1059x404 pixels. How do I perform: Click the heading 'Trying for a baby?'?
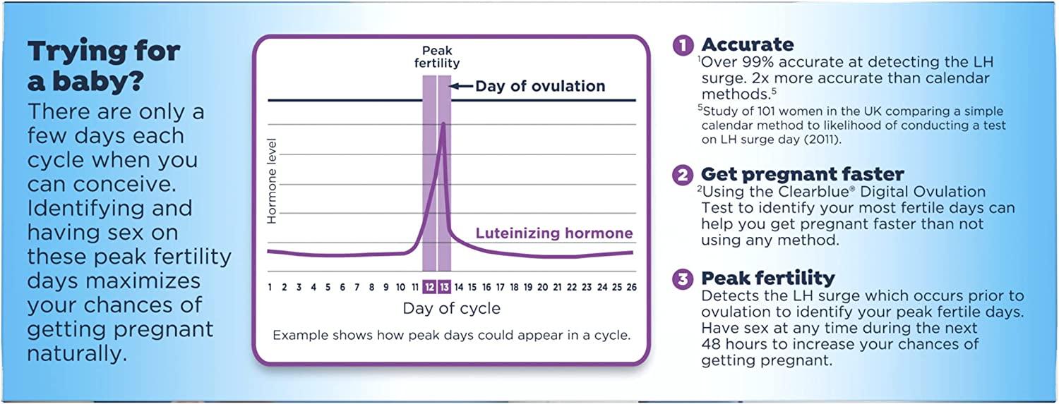click(103, 66)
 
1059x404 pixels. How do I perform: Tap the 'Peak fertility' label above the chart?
click(436, 56)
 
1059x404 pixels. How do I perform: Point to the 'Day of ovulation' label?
click(540, 86)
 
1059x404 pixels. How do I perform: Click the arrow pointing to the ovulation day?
click(462, 86)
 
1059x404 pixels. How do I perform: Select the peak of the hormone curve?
click(443, 124)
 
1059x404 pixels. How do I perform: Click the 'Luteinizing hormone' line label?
click(554, 233)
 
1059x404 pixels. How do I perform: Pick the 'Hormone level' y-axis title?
click(273, 181)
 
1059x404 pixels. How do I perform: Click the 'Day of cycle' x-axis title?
click(451, 308)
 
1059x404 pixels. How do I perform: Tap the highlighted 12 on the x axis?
click(429, 287)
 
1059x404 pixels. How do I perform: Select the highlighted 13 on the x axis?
click(444, 287)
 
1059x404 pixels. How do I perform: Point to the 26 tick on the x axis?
click(630, 287)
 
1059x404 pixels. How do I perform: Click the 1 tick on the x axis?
click(270, 287)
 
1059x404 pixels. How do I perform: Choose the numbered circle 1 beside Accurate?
click(683, 45)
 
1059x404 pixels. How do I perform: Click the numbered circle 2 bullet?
click(683, 174)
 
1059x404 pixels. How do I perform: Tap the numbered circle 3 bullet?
click(683, 279)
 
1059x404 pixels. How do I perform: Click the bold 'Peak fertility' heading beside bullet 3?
click(767, 278)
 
